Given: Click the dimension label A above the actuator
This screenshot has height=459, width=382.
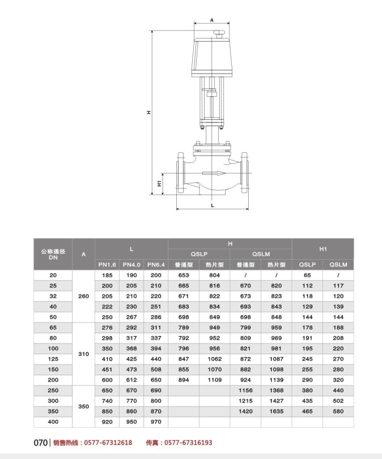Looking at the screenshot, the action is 211,20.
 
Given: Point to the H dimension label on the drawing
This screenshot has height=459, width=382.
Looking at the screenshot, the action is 149,112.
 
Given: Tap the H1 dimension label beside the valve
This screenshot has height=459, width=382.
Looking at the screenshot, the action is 159,183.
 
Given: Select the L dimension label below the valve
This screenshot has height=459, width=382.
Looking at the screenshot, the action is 213,205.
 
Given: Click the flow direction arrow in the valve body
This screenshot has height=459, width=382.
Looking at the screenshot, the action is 214,173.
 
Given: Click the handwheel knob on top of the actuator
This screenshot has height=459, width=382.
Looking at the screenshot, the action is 219,33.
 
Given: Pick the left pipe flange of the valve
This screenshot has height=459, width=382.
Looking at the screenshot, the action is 180,173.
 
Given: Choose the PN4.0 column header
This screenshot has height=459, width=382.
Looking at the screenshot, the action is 131,265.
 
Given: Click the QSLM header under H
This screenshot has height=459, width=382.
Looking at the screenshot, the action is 261,254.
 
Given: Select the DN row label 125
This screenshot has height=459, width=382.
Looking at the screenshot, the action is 53,359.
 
